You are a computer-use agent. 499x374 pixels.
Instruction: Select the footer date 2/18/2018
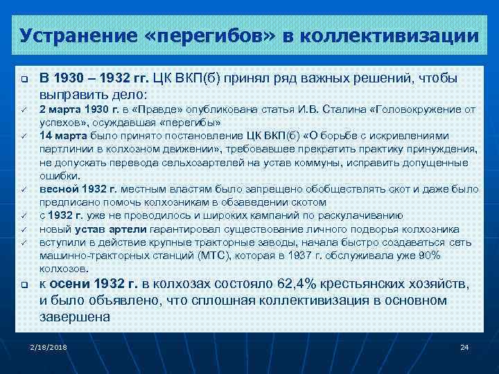[45, 346]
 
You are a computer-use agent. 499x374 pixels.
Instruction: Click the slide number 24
[464, 346]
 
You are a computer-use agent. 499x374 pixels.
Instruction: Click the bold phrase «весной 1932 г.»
[77, 189]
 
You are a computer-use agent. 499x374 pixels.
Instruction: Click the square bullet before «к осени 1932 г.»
[24, 285]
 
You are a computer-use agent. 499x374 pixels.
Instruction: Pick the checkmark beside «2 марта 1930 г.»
[24, 109]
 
